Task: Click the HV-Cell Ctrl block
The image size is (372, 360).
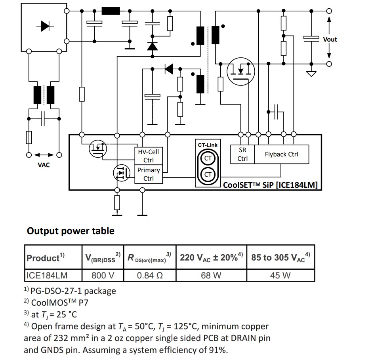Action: [x=148, y=156]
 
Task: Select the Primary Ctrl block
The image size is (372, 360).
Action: [x=148, y=174]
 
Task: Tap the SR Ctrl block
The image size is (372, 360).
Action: [x=242, y=154]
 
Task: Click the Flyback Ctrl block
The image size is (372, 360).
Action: [x=281, y=154]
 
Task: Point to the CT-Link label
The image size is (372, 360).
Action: [x=208, y=145]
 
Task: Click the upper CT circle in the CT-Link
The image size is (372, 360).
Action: [x=208, y=159]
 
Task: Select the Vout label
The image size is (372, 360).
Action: [x=330, y=39]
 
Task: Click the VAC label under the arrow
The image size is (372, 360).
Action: [x=44, y=165]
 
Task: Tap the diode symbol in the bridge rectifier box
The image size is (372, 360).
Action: [x=44, y=27]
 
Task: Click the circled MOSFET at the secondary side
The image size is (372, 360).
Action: [x=240, y=71]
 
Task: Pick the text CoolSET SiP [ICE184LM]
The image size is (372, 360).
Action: [x=271, y=185]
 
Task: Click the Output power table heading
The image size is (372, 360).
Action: [x=71, y=231]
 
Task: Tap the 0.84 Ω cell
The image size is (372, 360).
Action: [x=150, y=275]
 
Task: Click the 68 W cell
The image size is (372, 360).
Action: [x=211, y=275]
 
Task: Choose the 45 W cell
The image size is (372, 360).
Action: [x=280, y=275]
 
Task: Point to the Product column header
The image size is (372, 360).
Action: [x=45, y=258]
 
